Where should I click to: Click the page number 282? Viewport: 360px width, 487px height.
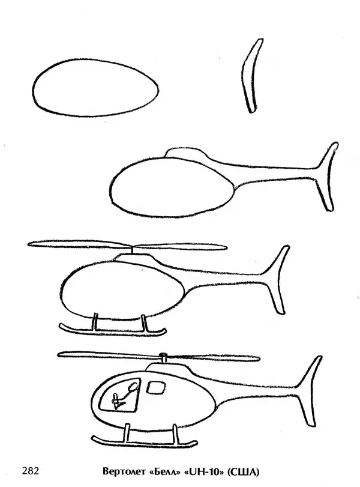point(31,471)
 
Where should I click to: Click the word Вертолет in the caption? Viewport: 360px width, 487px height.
point(124,472)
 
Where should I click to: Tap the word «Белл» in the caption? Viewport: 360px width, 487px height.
point(165,472)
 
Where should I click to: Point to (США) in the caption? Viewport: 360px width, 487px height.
point(244,472)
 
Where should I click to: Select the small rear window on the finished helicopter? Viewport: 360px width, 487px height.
point(156,387)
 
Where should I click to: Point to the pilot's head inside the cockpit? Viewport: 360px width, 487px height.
point(132,386)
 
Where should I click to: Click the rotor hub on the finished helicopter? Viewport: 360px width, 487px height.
point(163,355)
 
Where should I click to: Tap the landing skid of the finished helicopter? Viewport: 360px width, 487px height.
point(145,444)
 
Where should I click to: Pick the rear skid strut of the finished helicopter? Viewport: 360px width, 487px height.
point(175,434)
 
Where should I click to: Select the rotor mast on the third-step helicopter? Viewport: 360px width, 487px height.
point(133,250)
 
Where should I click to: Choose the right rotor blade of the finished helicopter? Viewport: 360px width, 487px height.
point(214,357)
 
